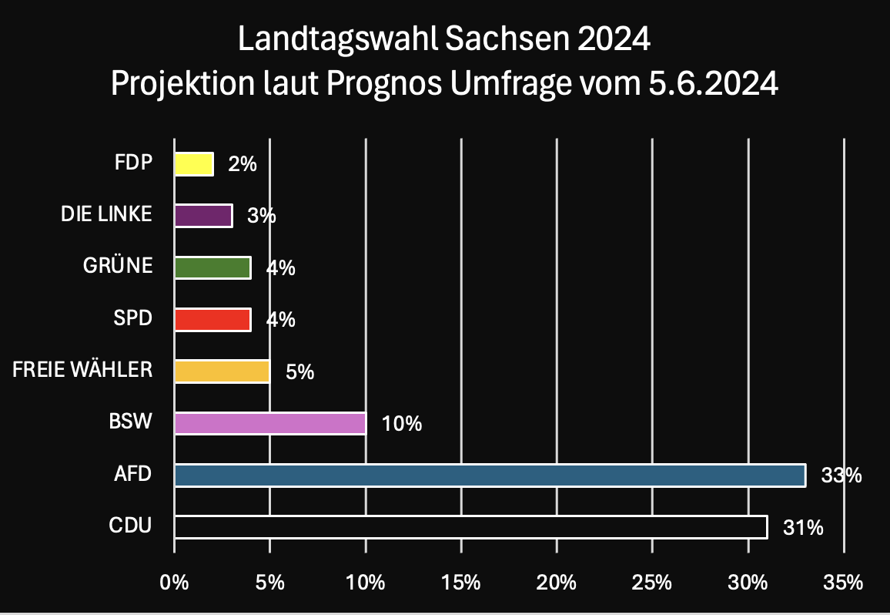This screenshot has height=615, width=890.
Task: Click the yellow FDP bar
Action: pyautogui.click(x=194, y=163)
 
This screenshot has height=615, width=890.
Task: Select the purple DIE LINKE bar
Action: pyautogui.click(x=203, y=216)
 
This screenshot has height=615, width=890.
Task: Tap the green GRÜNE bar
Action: pyautogui.click(x=212, y=267)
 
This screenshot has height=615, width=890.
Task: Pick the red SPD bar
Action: pyautogui.click(x=212, y=319)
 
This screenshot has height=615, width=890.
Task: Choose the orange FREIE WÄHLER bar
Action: pyautogui.click(x=222, y=371)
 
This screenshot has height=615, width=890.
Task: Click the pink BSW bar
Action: pyautogui.click(x=269, y=423)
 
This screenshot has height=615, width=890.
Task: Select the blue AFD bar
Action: pyautogui.click(x=490, y=476)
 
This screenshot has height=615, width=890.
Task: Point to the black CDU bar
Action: pyautogui.click(x=470, y=527)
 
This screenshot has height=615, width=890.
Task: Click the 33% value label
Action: pyautogui.click(x=841, y=476)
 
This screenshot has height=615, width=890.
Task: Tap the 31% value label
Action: pyautogui.click(x=804, y=528)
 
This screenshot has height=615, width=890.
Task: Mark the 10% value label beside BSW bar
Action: pyautogui.click(x=403, y=424)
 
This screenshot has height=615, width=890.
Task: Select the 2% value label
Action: pyautogui.click(x=243, y=164)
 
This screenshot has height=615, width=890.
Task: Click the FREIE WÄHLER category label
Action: pyautogui.click(x=82, y=371)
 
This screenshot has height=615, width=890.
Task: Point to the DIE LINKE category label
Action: pyautogui.click(x=106, y=214)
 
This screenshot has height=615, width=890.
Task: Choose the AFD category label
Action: pyautogui.click(x=131, y=474)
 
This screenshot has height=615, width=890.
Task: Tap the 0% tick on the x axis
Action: pyautogui.click(x=174, y=583)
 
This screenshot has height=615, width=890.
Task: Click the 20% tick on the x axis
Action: pyautogui.click(x=557, y=583)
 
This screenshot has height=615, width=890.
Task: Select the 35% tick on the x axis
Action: pyautogui.click(x=844, y=583)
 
